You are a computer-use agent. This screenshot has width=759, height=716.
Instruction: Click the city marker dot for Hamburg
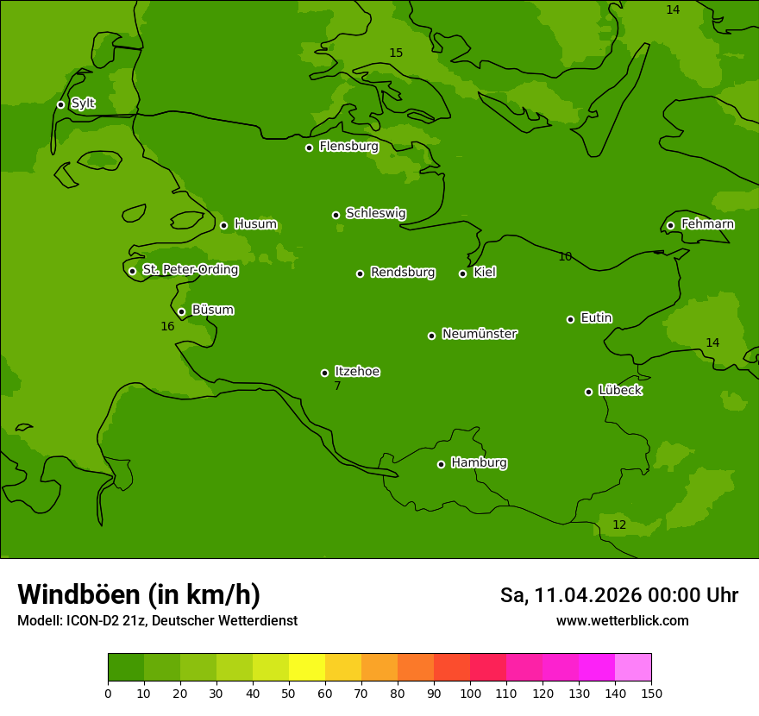click(441, 464)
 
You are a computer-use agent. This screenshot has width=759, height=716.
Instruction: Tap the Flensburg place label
click(348, 147)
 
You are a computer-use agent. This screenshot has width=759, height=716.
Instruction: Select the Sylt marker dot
click(60, 104)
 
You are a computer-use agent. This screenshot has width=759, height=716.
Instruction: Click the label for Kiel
click(485, 273)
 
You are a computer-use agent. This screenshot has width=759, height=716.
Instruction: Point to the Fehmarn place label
click(707, 224)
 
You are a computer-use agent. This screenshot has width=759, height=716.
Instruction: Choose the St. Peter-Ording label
click(190, 270)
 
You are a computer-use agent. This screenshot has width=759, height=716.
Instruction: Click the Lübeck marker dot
click(588, 392)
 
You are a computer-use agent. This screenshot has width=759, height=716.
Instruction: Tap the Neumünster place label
click(480, 334)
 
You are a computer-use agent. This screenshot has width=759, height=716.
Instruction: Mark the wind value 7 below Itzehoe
click(337, 386)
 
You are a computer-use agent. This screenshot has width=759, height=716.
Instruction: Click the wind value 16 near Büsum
click(167, 326)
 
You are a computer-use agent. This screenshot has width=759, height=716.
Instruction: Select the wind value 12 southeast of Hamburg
click(619, 524)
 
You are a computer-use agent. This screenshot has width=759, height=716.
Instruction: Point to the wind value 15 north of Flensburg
click(396, 53)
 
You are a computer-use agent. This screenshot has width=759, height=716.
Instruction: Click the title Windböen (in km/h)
click(139, 594)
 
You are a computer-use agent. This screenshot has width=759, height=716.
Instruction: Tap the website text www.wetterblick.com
click(622, 620)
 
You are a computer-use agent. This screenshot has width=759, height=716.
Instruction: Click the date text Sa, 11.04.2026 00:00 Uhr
click(618, 595)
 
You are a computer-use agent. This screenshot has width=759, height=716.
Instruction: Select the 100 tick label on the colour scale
click(470, 693)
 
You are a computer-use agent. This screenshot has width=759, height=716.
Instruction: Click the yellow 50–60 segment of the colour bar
click(307, 668)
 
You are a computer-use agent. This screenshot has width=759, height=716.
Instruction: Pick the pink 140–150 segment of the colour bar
click(633, 668)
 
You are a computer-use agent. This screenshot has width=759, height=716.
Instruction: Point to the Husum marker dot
click(223, 225)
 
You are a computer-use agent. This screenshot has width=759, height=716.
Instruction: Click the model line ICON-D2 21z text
click(157, 620)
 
